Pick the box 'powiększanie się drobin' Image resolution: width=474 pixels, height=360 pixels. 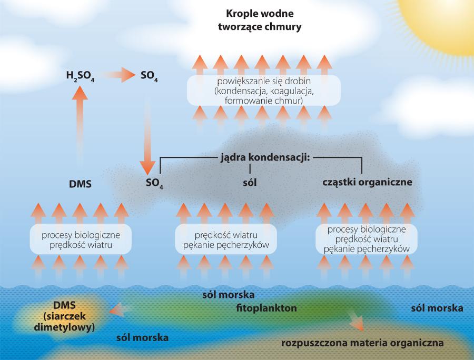(263, 91)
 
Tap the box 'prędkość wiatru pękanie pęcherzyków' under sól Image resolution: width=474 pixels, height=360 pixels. (226, 239)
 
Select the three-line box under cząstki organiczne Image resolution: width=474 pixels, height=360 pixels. (366, 239)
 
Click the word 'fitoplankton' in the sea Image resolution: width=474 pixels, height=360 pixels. (266, 307)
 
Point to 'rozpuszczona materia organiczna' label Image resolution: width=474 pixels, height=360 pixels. (363, 343)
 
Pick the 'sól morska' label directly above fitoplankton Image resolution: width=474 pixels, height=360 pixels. (229, 294)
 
